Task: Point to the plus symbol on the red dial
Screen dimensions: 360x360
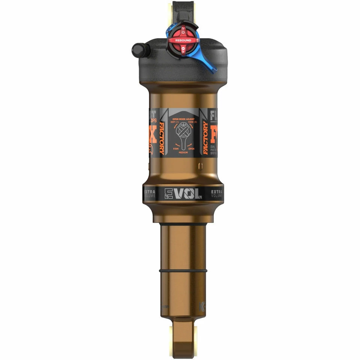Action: click(183, 29)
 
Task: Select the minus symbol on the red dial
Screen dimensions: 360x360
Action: click(183, 49)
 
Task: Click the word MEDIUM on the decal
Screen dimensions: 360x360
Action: click(183, 153)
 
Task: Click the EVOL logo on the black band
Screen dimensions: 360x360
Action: click(183, 193)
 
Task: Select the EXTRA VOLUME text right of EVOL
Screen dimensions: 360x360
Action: click(217, 193)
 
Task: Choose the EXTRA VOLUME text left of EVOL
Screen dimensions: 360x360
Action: click(150, 193)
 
